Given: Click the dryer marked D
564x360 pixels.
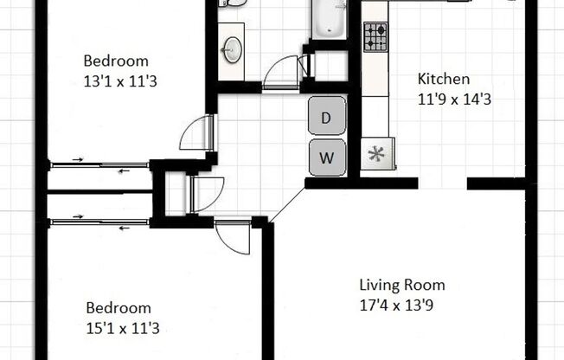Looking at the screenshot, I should coord(326,119).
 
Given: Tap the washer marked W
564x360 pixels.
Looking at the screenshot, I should coord(326,157).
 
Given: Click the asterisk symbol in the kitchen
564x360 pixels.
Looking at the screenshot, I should coord(376,156).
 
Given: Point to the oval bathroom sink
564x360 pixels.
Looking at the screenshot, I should coord(232,50).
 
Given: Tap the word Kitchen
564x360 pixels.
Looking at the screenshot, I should coord(443,79).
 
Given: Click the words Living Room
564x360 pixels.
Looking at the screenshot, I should coord(402,285).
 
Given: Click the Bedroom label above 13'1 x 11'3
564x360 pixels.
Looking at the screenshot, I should coord(116,61).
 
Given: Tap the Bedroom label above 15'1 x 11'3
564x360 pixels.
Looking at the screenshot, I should coord(119,308).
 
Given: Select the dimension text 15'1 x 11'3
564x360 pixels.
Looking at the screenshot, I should coord(122,328).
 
